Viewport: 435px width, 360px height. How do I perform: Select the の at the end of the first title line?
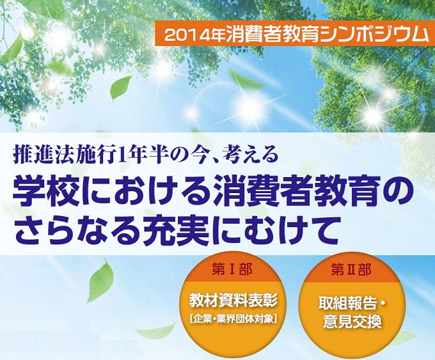[x=391, y=189]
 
